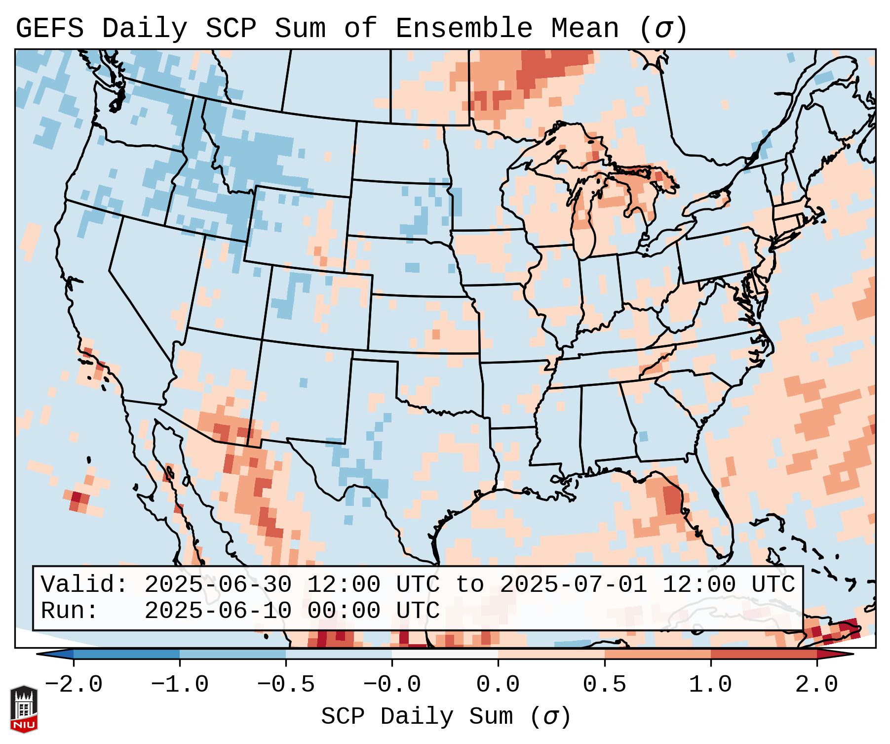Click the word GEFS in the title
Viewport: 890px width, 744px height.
pyautogui.click(x=49, y=29)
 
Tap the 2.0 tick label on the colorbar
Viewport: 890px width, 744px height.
pyautogui.click(x=816, y=685)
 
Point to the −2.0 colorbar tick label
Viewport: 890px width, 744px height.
pyautogui.click(x=74, y=685)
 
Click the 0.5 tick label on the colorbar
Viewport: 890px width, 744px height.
pyautogui.click(x=604, y=685)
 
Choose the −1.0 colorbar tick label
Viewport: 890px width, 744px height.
pyautogui.click(x=180, y=685)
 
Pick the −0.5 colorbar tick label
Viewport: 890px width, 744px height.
pyautogui.click(x=286, y=685)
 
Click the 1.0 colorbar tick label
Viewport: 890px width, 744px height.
pyautogui.click(x=710, y=685)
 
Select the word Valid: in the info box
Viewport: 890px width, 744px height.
pyautogui.click(x=84, y=584)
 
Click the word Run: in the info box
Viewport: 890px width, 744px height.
pyautogui.click(x=70, y=611)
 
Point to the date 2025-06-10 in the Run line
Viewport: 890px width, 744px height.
pyautogui.click(x=218, y=611)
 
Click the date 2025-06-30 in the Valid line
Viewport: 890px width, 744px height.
pyautogui.click(x=218, y=584)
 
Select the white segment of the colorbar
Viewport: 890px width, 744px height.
pyautogui.click(x=445, y=654)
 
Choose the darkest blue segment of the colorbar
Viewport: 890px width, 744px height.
pyautogui.click(x=126, y=654)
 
